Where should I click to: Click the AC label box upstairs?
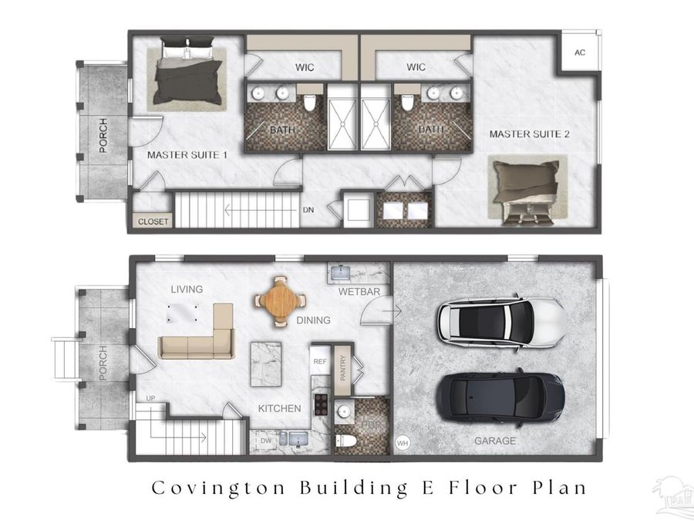pyautogui.click(x=580, y=52)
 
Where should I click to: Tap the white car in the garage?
pyautogui.click(x=501, y=319)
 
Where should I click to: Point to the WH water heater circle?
pyautogui.click(x=402, y=444)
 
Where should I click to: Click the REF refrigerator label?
pyautogui.click(x=319, y=360)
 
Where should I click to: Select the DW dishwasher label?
pyautogui.click(x=266, y=441)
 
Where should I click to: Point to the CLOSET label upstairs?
pyautogui.click(x=153, y=222)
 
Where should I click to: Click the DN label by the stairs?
pyautogui.click(x=308, y=209)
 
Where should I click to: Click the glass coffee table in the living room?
pyautogui.click(x=188, y=313)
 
